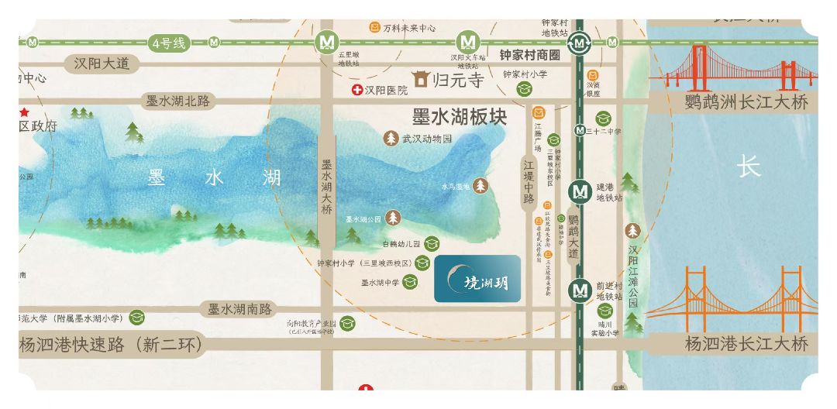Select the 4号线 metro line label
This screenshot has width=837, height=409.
pos(170,43)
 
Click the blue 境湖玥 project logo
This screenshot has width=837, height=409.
pos(477,278)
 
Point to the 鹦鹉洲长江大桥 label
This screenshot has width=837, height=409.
pos(746,101)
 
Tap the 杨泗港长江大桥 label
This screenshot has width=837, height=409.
pos(746,343)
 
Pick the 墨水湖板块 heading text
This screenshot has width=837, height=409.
pos(460,117)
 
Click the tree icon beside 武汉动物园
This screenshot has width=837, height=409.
pos(391,139)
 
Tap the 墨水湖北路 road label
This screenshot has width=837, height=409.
pos(178,101)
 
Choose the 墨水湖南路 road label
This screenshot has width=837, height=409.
pos(239,309)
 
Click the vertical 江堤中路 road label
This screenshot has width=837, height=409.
pos(529,182)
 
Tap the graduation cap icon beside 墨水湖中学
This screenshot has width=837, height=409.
pos(412,283)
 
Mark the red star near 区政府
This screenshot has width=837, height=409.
pos(24,112)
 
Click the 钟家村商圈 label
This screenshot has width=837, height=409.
pos(529,55)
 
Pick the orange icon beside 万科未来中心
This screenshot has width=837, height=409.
pos(374,28)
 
